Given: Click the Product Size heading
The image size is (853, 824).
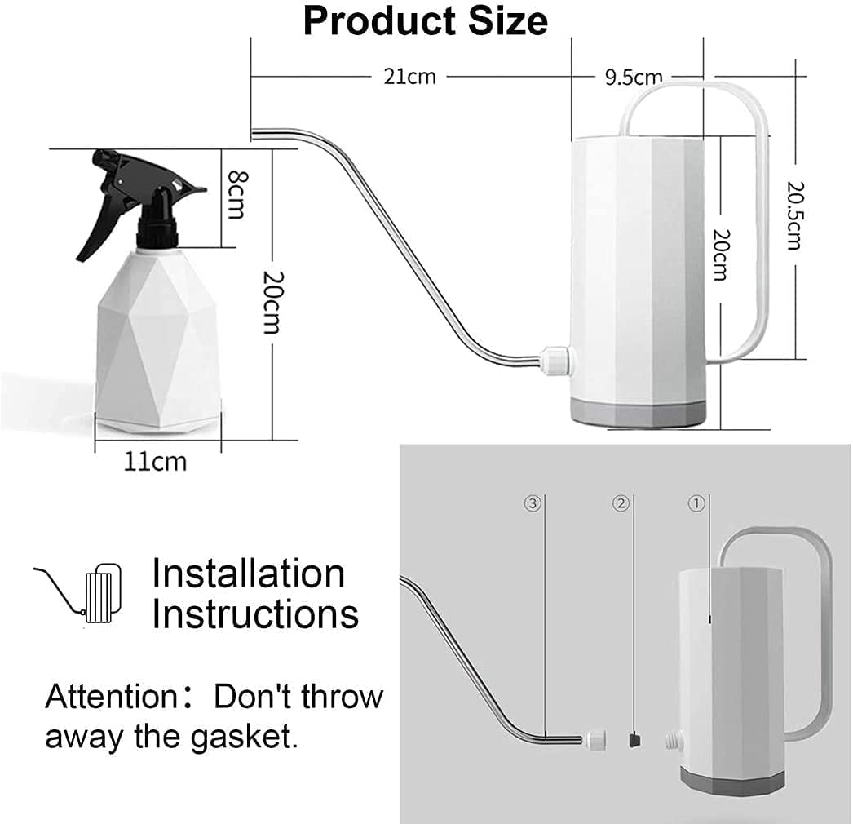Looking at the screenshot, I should (x=425, y=21).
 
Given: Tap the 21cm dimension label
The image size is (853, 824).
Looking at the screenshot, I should (x=409, y=77).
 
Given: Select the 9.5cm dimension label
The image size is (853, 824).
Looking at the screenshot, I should (x=633, y=78).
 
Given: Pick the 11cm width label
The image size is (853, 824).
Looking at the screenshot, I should (x=155, y=462).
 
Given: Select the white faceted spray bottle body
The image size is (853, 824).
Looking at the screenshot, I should (x=158, y=343).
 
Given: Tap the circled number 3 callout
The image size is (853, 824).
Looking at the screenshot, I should (x=533, y=504).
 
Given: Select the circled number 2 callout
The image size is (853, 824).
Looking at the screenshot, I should (x=621, y=504).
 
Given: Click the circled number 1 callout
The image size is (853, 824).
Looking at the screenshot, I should (x=696, y=504).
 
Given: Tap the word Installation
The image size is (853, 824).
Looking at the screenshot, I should (x=249, y=574).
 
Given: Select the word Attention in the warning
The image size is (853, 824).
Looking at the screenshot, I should (x=106, y=698).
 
